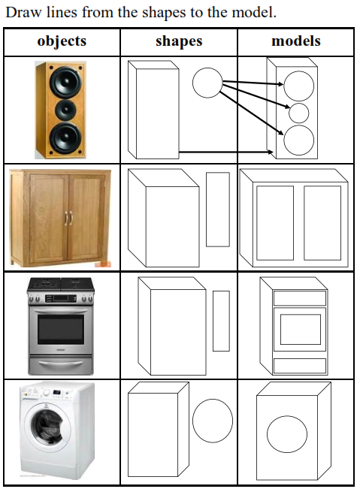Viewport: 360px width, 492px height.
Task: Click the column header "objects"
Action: [x=62, y=41]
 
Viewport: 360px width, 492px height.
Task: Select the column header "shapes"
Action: [x=179, y=41]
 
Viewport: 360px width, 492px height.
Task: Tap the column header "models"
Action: [x=296, y=41]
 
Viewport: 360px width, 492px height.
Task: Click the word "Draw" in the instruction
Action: [x=24, y=13]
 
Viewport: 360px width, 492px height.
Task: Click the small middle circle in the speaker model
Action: [x=299, y=113]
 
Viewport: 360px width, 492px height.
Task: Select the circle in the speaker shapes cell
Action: [x=207, y=83]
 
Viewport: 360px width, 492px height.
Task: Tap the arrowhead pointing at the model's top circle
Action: [x=280, y=84]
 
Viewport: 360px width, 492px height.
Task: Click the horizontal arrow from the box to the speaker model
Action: [x=226, y=152]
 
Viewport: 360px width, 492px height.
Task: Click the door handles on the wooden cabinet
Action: [x=68, y=218]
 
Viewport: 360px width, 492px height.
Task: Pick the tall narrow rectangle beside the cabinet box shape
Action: [x=218, y=210]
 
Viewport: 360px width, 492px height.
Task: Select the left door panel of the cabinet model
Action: [x=275, y=223]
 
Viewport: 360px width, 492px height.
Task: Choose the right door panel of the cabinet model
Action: [x=322, y=223]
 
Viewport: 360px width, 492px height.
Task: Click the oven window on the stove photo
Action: [x=61, y=329]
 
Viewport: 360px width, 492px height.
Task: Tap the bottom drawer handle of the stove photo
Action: [x=61, y=364]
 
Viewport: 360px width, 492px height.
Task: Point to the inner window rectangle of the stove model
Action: [x=301, y=330]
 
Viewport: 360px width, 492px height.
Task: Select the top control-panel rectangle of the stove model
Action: [x=300, y=298]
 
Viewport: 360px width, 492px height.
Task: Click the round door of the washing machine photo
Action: [x=48, y=427]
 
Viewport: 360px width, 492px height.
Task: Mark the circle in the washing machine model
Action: [x=287, y=434]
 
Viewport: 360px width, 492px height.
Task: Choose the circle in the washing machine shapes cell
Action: [x=213, y=421]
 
